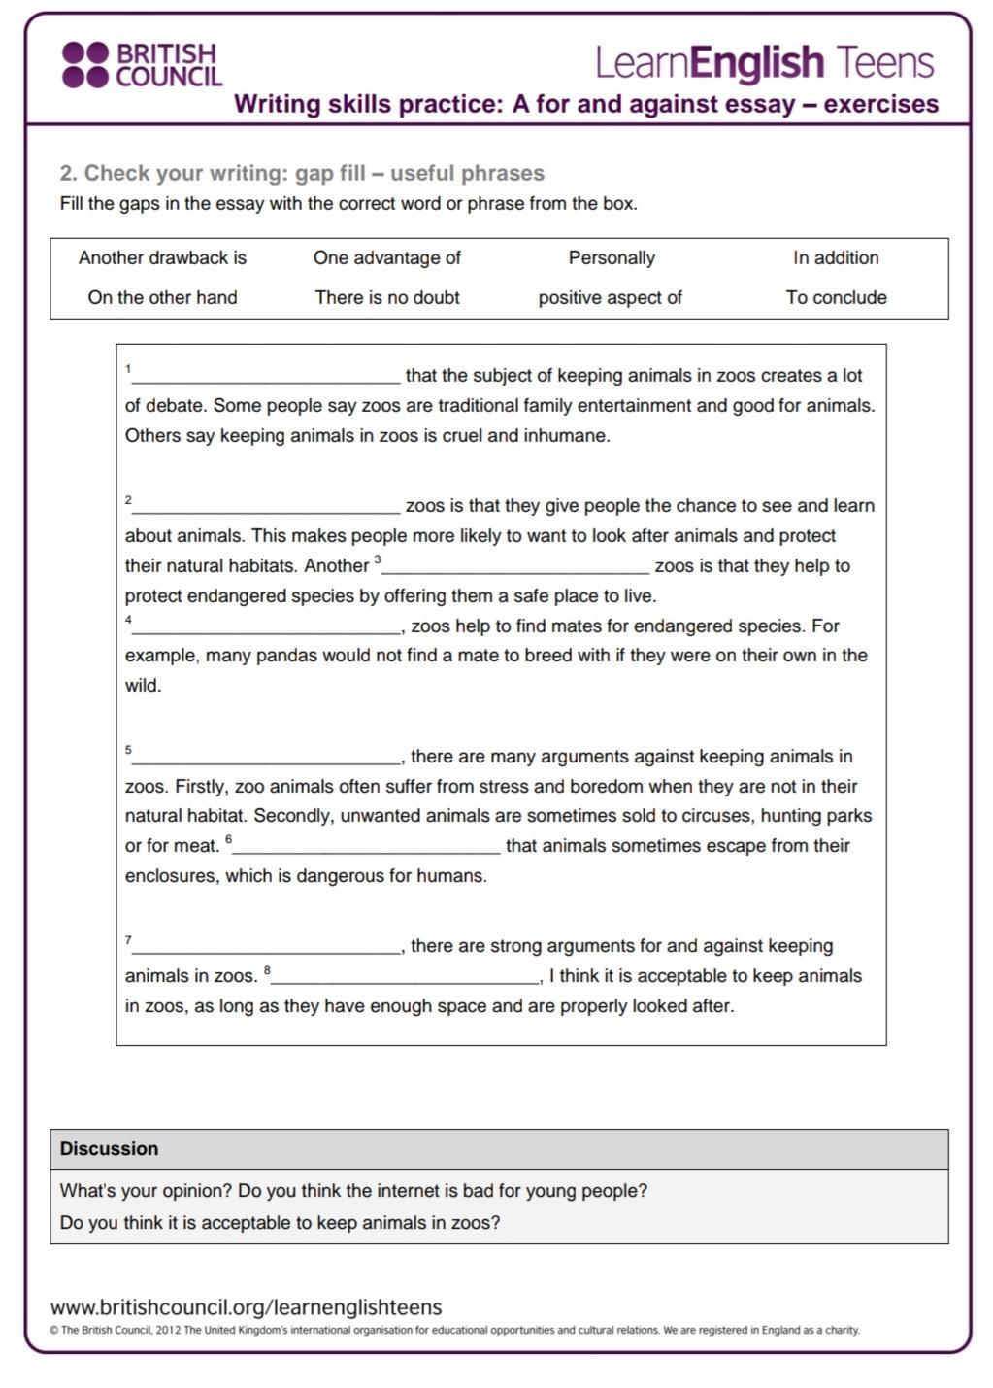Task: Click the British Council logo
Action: (142, 65)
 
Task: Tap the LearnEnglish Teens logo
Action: (764, 63)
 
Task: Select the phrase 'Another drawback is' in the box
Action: (162, 258)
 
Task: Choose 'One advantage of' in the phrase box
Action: (386, 258)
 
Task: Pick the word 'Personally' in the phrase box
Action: (612, 258)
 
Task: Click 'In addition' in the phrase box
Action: (836, 258)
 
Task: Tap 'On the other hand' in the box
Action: (162, 298)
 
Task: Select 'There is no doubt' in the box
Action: (387, 298)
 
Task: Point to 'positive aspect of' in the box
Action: (611, 298)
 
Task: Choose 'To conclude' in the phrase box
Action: (837, 298)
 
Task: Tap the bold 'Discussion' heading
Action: (109, 1149)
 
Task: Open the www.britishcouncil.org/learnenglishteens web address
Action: (247, 1307)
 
